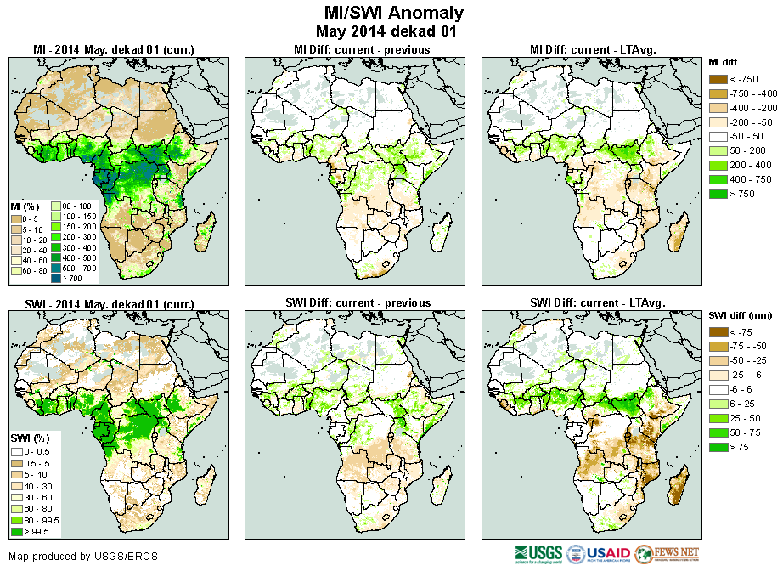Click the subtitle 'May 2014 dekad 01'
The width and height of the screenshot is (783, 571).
pyautogui.click(x=386, y=32)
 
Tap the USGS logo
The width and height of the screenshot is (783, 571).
pyautogui.click(x=538, y=554)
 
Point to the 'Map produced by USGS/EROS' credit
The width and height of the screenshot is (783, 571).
pyautogui.click(x=83, y=557)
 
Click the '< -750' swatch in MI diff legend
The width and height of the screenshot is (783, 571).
pyautogui.click(x=718, y=79)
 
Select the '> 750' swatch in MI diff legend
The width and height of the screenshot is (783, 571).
pyautogui.click(x=718, y=195)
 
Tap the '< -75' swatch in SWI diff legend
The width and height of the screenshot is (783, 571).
pyautogui.click(x=718, y=332)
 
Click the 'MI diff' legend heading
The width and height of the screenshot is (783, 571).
pyautogui.click(x=726, y=62)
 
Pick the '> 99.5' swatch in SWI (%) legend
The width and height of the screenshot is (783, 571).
pyautogui.click(x=16, y=532)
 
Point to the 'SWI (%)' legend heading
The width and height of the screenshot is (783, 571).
pyautogui.click(x=28, y=438)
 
